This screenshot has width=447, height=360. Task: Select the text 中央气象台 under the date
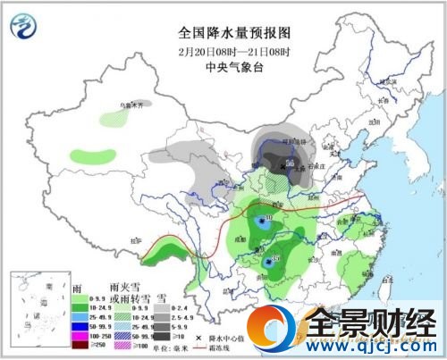[223, 65]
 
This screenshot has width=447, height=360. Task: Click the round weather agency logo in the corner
[26, 26]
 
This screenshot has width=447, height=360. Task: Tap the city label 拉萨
[137, 239]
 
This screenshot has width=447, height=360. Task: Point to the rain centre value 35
[274, 259]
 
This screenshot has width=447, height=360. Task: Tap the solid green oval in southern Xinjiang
[87, 154]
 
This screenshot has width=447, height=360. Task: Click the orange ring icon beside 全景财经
[283, 331]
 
